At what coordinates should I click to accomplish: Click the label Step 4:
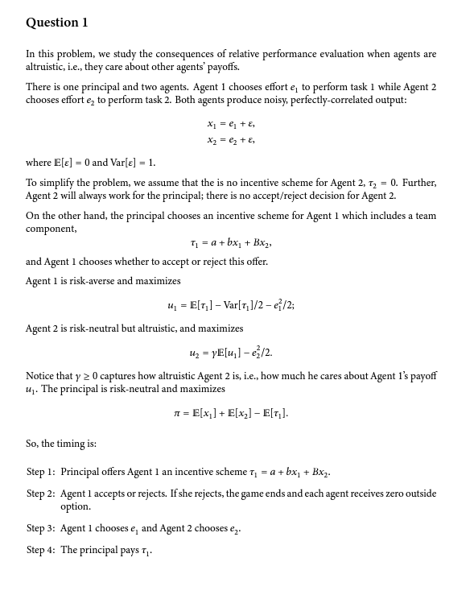(41, 550)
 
